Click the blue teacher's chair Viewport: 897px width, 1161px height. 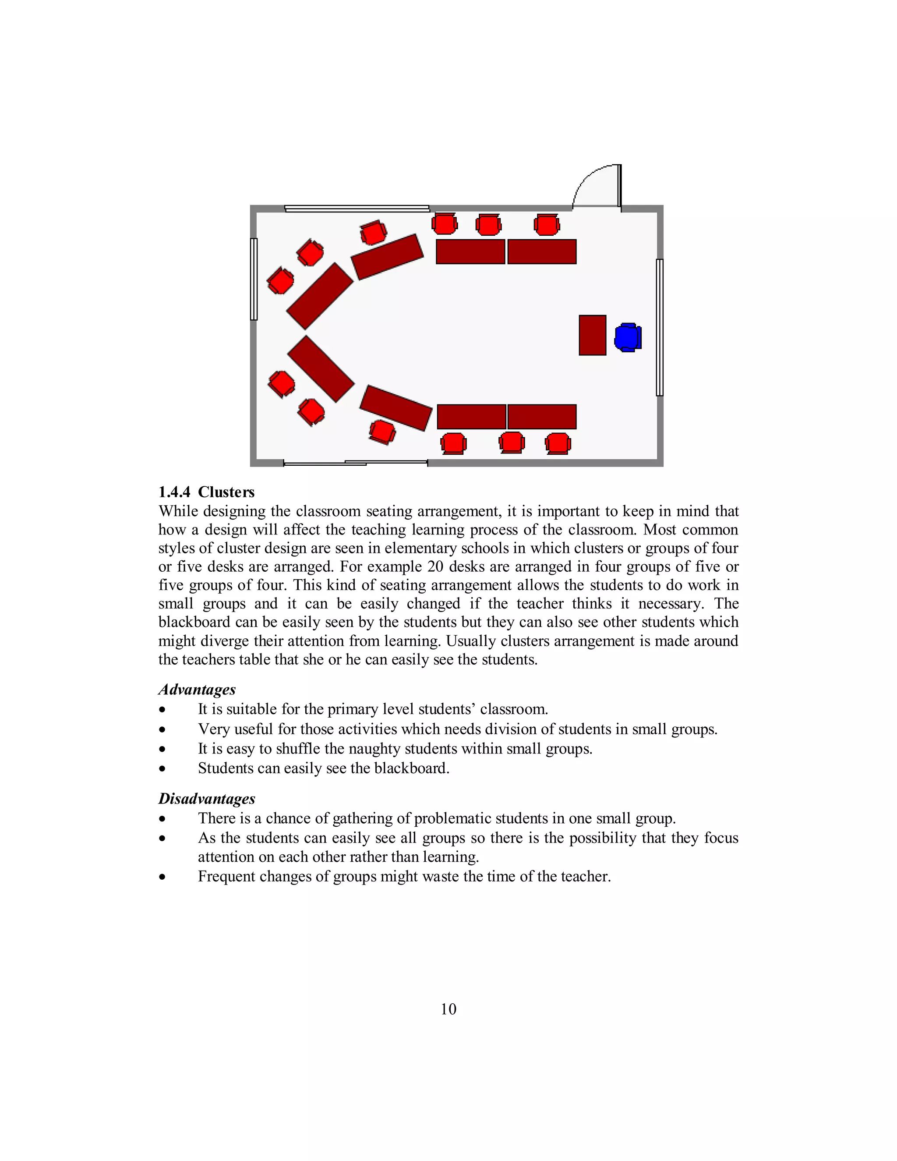(628, 337)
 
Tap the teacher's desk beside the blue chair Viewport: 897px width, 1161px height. (592, 335)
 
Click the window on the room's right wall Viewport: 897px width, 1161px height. (660, 327)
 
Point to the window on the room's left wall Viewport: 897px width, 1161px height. (254, 279)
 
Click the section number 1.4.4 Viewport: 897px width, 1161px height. (174, 492)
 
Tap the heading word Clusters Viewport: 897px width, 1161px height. (226, 492)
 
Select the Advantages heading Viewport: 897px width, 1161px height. (197, 690)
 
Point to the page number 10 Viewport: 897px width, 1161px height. (448, 1009)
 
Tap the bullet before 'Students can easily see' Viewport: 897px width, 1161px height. (162, 769)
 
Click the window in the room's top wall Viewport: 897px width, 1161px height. (357, 209)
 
